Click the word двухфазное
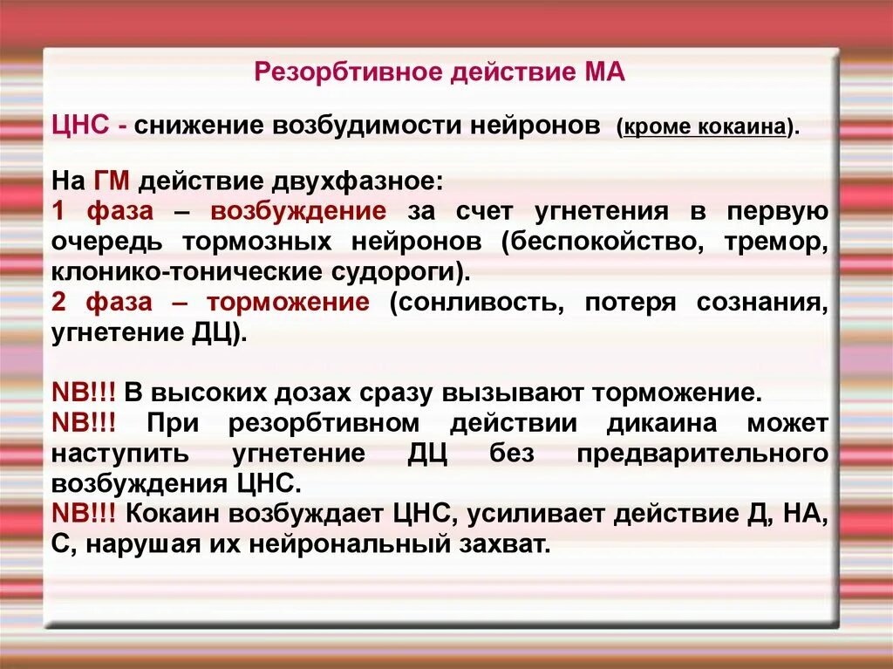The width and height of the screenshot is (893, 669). click(366, 181)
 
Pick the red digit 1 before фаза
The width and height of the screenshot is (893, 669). click(58, 211)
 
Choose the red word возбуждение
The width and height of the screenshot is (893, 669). click(297, 211)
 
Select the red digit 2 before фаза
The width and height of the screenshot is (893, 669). click(58, 302)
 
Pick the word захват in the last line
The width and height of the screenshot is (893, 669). click(510, 544)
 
